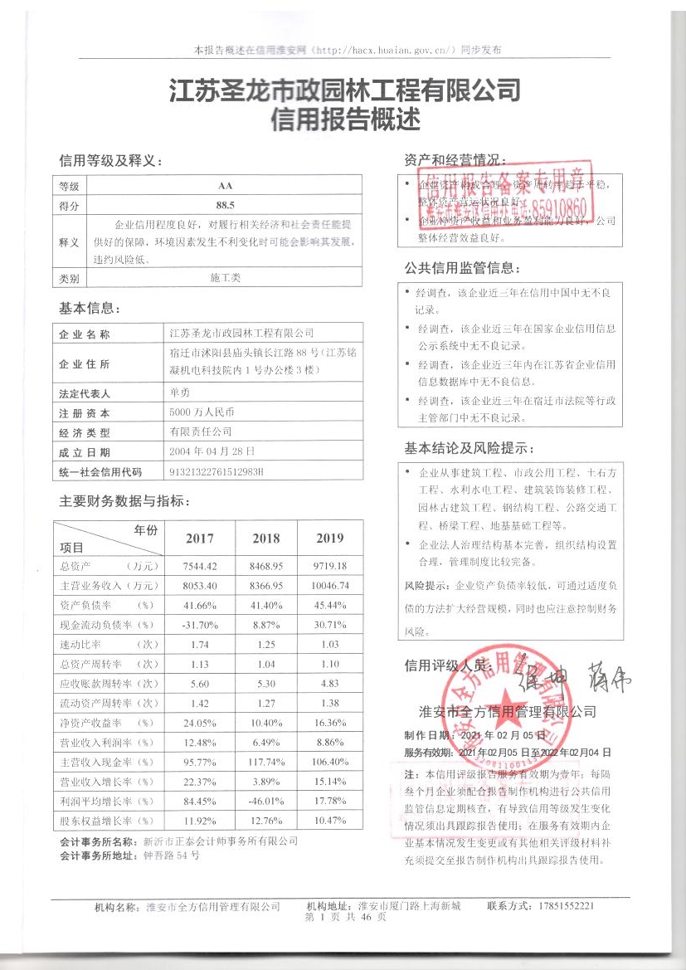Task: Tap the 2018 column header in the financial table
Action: coord(266,539)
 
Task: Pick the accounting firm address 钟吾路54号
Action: coord(172,855)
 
